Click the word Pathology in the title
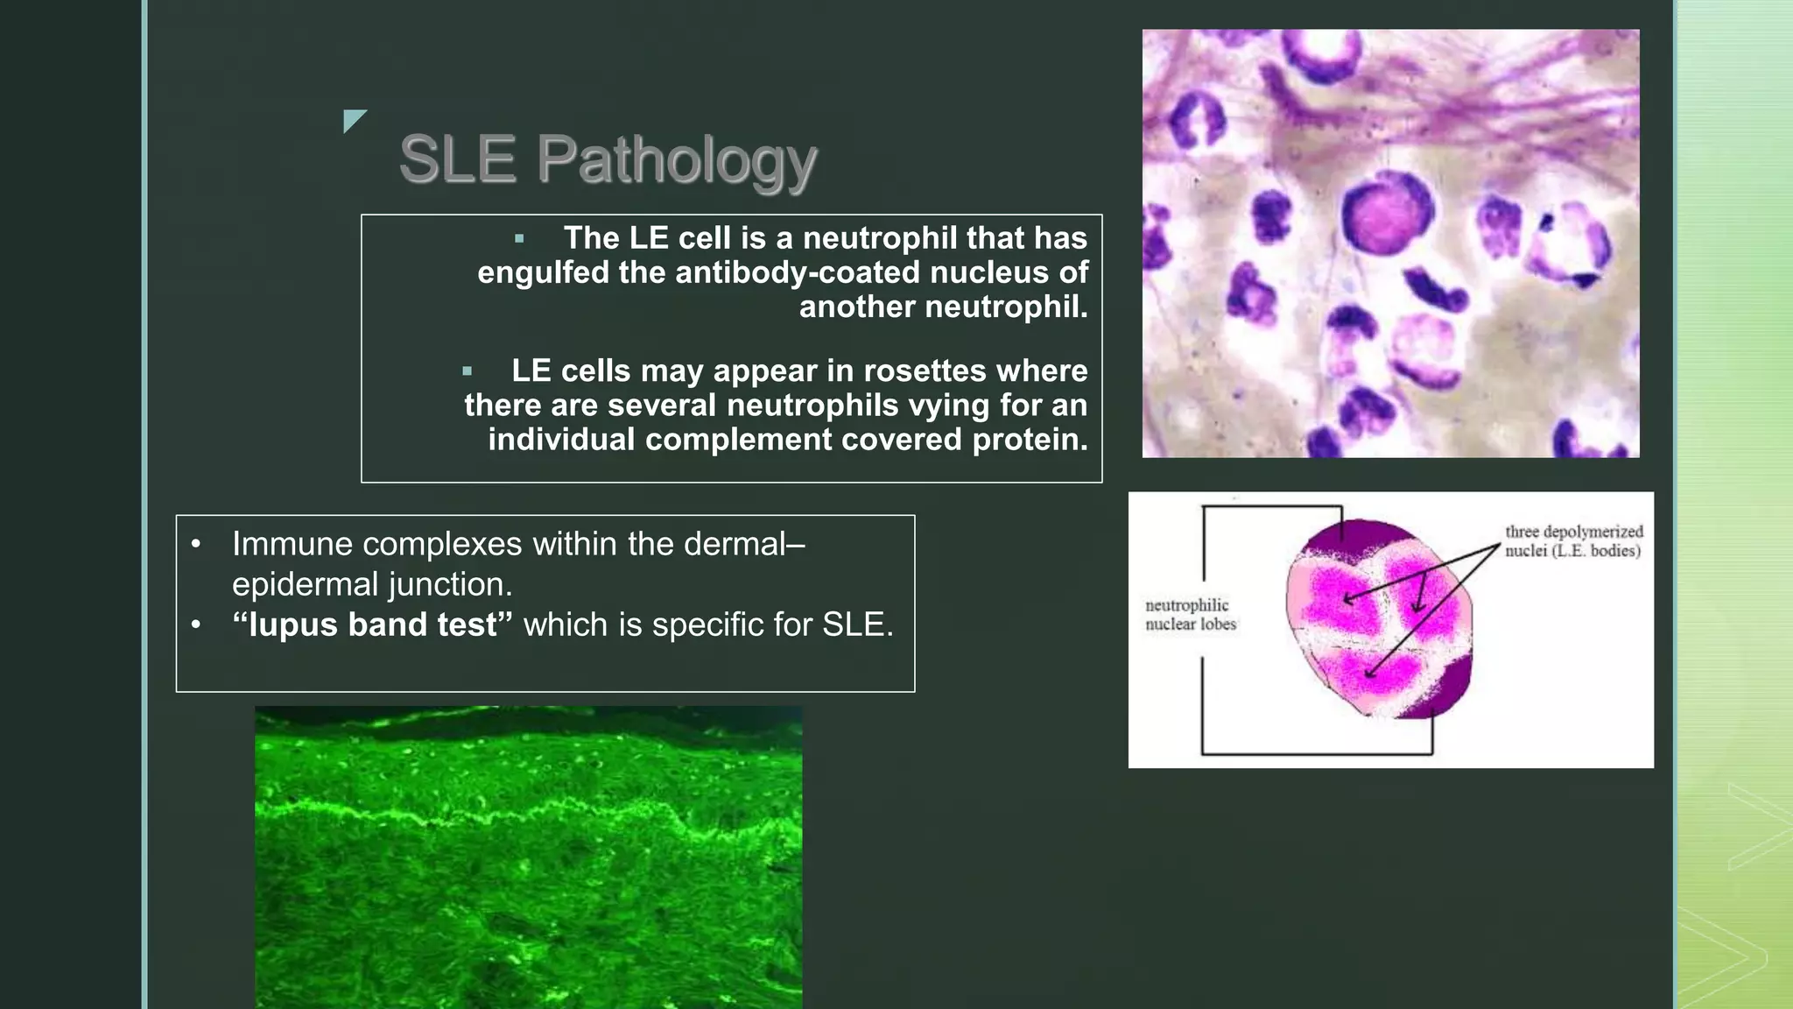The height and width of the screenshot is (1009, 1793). coord(677,160)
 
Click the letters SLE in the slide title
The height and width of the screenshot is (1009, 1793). coord(457,160)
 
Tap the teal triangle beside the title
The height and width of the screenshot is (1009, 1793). coord(353,119)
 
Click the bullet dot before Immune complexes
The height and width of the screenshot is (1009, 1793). coord(196,545)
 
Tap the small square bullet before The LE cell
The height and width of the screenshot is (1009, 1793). coord(519,238)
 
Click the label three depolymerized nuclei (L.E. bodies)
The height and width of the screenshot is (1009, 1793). coord(1572,541)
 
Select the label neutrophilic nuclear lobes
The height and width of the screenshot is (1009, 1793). coord(1190,615)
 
